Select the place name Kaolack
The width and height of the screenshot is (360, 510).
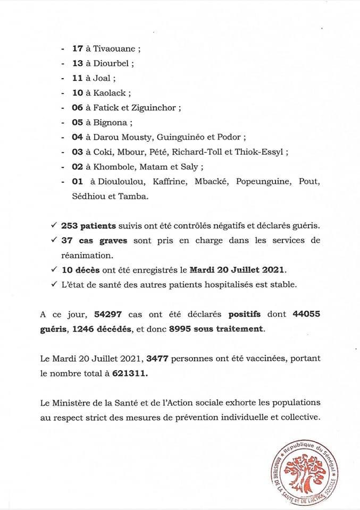coord(109,93)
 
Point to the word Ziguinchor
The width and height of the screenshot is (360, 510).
coord(154,108)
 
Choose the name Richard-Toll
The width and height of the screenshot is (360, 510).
coord(202,152)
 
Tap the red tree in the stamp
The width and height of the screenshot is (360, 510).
coord(305,469)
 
